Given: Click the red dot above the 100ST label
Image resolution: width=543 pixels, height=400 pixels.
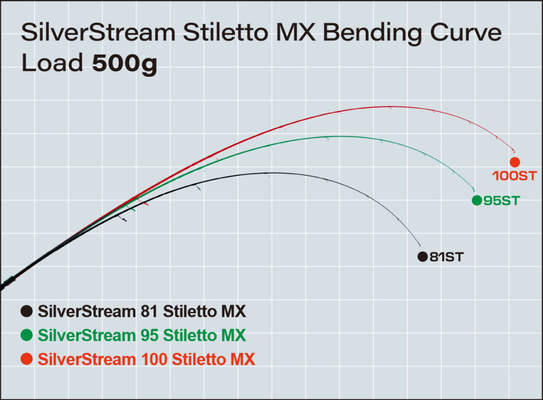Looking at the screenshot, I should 514,162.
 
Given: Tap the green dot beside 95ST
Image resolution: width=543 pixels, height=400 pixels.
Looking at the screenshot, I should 476,200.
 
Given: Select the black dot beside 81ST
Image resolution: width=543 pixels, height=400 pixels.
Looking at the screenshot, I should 422,256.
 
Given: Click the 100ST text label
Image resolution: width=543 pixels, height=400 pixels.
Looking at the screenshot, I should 514,175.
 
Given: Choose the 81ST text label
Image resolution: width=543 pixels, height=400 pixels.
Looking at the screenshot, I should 446,257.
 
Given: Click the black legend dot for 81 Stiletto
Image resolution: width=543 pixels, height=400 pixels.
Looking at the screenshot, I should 27,311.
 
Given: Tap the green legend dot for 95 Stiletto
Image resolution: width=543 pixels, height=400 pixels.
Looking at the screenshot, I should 27,335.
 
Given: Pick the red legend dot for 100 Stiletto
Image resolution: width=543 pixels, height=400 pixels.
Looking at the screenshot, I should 27,360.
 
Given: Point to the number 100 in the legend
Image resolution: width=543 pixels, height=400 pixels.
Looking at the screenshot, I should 153,360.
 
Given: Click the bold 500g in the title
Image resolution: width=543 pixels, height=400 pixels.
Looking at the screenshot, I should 125,64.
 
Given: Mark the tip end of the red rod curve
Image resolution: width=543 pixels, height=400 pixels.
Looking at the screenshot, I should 514,151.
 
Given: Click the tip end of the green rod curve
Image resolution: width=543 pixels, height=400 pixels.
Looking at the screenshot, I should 474,190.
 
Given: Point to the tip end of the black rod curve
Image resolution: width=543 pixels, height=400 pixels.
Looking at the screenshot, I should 420,245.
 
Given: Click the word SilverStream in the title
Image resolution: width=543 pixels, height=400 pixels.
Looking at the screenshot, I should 98,33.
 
